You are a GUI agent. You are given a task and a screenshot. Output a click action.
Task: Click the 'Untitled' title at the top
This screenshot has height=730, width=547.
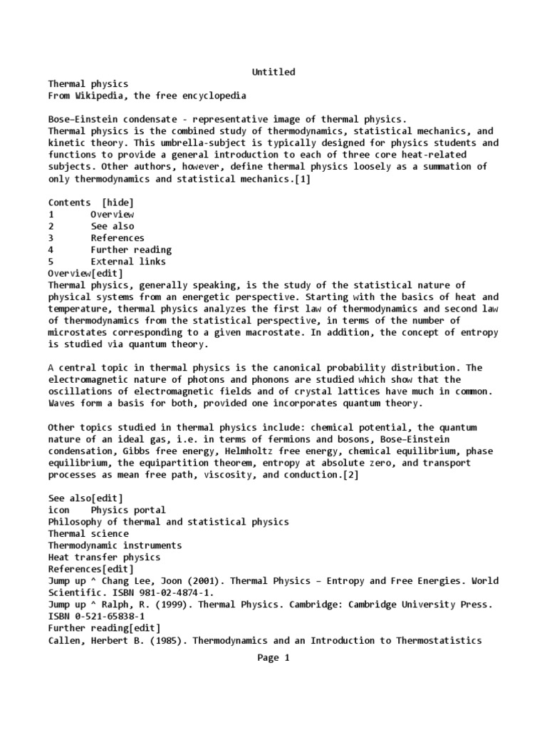273,72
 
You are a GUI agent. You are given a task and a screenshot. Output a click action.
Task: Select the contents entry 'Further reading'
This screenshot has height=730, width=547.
131,250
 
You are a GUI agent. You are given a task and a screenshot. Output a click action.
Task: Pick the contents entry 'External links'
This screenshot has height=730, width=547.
128,262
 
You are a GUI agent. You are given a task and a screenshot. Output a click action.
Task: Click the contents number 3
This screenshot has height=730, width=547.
51,238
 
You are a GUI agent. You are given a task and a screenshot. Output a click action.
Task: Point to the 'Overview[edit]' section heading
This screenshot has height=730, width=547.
85,274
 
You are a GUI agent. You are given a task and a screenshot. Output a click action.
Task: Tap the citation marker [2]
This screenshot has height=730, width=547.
350,475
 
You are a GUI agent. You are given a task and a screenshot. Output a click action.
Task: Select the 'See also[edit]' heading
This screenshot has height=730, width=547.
85,498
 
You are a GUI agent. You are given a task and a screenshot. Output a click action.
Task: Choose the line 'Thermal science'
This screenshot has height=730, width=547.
88,534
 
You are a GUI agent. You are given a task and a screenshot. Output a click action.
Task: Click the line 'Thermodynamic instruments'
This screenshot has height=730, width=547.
115,545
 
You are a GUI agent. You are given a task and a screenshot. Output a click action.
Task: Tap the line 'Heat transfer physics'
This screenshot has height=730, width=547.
104,557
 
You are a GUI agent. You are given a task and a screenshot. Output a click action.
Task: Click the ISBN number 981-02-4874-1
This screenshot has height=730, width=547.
159,592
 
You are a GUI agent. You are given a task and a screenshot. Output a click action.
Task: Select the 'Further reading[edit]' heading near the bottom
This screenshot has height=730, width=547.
104,628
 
